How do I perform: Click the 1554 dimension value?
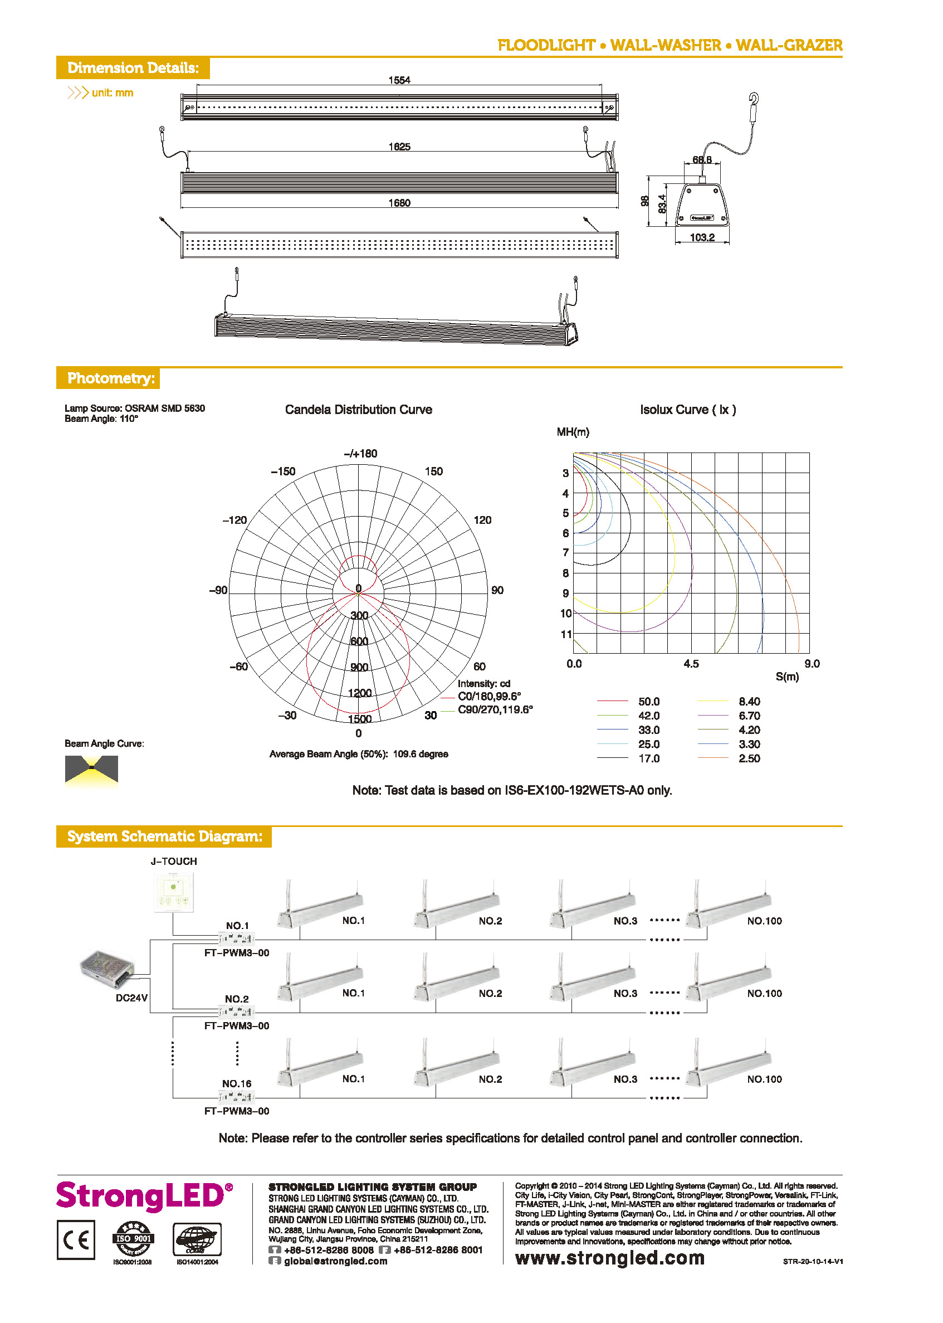tap(399, 80)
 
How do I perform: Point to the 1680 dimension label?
tap(399, 203)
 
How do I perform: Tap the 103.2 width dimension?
tap(702, 237)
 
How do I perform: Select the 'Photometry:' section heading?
tap(111, 378)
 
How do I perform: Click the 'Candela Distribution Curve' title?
tap(358, 410)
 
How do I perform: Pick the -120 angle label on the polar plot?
tap(234, 520)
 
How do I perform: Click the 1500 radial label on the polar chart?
tap(359, 719)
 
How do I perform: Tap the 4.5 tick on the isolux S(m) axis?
tap(691, 664)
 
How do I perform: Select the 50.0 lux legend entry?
tap(648, 702)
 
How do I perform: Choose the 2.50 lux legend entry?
tap(749, 758)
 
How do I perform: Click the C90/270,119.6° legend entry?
tap(495, 709)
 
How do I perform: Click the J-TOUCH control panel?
tap(174, 892)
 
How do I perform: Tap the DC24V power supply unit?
tap(107, 969)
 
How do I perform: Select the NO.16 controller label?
tap(236, 1083)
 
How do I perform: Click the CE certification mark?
tap(76, 1239)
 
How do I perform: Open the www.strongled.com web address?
tap(610, 1258)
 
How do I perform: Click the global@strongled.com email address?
tap(335, 1261)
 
